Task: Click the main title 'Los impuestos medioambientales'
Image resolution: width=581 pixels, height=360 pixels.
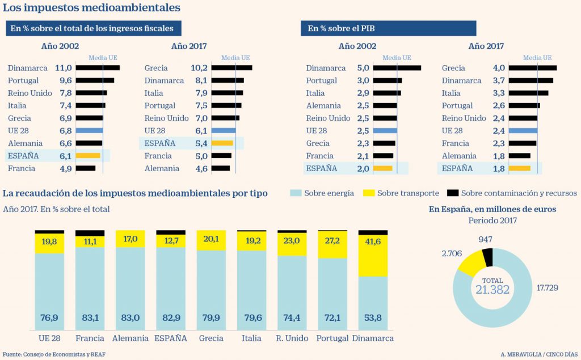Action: tap(92, 8)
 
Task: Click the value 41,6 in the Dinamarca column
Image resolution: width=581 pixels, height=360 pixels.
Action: tap(373, 242)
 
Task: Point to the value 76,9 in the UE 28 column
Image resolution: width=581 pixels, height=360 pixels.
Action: tap(49, 317)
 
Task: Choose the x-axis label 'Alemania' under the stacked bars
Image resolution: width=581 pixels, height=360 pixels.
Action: tap(130, 338)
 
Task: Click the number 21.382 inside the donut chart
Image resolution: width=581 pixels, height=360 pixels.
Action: tap(492, 290)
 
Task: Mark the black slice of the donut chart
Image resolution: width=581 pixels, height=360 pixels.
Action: tap(487, 258)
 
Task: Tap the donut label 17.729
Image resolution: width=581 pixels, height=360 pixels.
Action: tap(548, 288)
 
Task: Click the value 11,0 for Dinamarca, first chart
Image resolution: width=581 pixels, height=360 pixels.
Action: tap(63, 68)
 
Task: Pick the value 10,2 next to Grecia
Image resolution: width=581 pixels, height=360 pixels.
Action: tap(199, 68)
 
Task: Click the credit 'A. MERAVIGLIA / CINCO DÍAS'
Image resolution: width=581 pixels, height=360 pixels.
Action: tap(539, 354)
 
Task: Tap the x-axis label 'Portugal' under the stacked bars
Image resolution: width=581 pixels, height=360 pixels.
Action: tap(332, 338)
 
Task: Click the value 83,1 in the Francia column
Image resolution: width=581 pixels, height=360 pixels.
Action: tap(90, 317)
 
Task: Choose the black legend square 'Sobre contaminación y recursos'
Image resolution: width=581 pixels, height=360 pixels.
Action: tap(452, 193)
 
